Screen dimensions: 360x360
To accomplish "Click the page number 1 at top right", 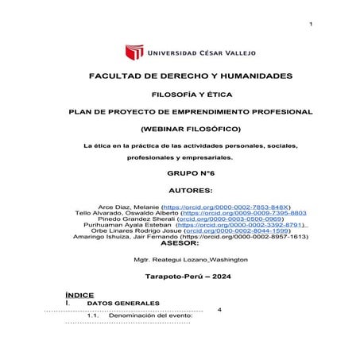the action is (x=311, y=26).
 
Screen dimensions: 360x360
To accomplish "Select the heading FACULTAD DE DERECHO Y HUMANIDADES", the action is (x=180, y=76).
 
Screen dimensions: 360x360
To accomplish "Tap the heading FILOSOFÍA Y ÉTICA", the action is (x=180, y=94).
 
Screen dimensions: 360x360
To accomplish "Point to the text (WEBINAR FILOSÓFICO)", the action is (x=180, y=128).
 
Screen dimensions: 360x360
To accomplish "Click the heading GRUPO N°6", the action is (x=180, y=172).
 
